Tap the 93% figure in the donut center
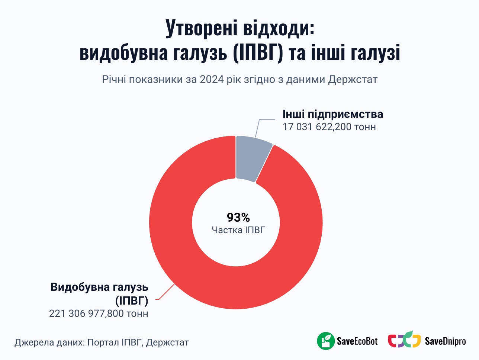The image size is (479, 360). pyautogui.click(x=238, y=217)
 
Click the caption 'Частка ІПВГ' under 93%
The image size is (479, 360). pyautogui.click(x=238, y=230)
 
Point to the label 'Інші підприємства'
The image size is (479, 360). pyautogui.click(x=332, y=114)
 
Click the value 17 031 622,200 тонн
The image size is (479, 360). pyautogui.click(x=329, y=127)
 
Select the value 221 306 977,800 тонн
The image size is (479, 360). pyautogui.click(x=99, y=314)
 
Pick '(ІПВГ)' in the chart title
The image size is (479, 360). pyautogui.click(x=258, y=53)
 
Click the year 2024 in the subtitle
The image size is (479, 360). pyautogui.click(x=212, y=80)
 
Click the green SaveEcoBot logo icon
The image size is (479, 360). pyautogui.click(x=326, y=341)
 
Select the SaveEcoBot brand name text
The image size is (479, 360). pyautogui.click(x=357, y=341)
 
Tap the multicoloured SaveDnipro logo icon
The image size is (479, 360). pyautogui.click(x=404, y=340)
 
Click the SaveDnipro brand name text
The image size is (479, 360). pyautogui.click(x=445, y=341)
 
